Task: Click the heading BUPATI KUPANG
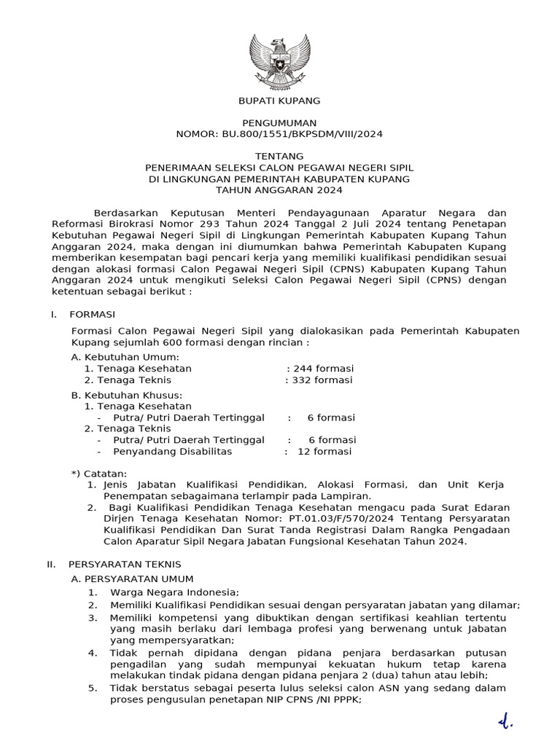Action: [280, 101]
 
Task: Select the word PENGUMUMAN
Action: [280, 123]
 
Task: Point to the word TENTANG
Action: [280, 157]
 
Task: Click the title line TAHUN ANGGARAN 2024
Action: [280, 190]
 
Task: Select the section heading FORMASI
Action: [92, 314]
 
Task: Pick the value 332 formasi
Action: [321, 380]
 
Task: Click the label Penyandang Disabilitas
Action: [173, 451]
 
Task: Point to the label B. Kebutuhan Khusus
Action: [126, 395]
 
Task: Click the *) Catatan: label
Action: [99, 474]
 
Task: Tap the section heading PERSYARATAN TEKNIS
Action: [125, 564]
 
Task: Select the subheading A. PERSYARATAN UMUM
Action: [132, 578]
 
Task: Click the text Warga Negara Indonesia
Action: [174, 592]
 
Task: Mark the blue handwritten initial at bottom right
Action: [505, 721]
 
